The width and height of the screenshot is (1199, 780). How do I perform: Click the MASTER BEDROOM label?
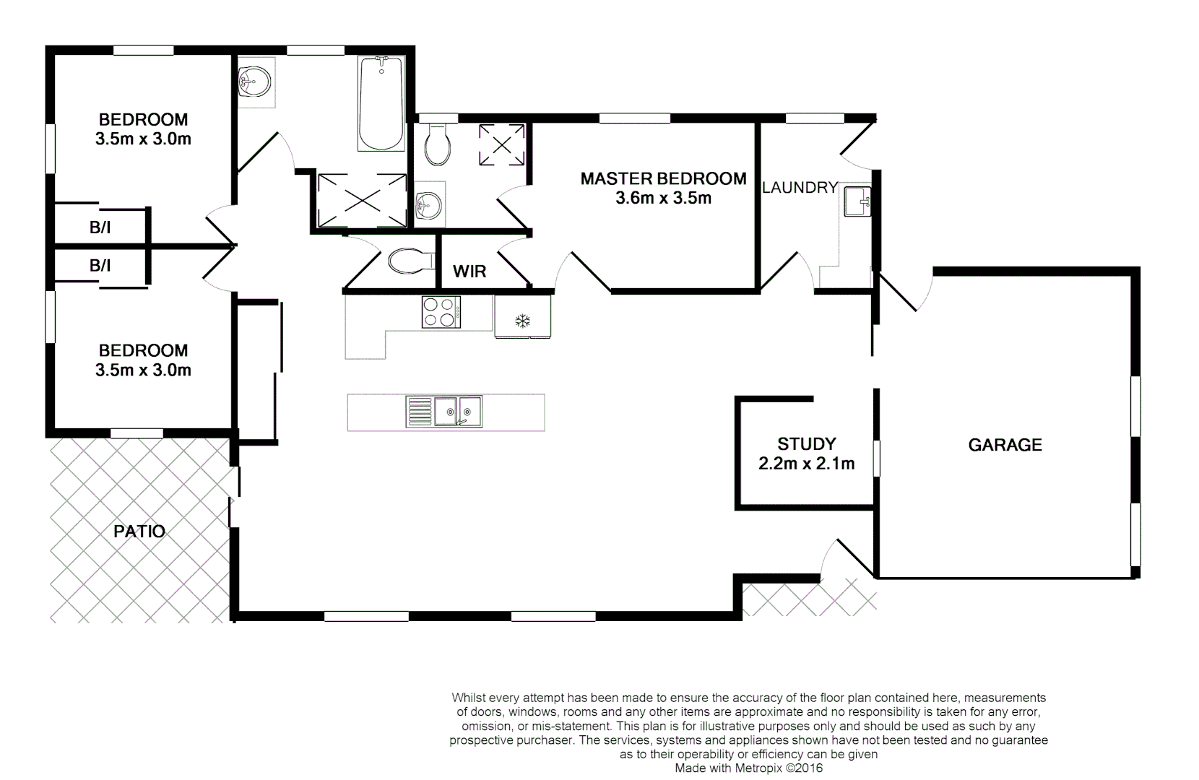pos(663,178)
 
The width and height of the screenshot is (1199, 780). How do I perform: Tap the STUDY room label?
pos(806,444)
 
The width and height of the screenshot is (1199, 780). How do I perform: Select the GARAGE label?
pos(1005,445)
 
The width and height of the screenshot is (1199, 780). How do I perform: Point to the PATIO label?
pos(139,532)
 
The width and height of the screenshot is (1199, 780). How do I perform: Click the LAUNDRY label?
pos(800,188)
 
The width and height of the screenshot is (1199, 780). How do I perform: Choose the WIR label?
pos(469,272)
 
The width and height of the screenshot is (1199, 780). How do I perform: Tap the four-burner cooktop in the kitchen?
pos(441,313)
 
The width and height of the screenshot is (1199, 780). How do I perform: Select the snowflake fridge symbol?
pos(522,320)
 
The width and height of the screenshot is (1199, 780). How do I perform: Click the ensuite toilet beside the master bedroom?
pos(438,144)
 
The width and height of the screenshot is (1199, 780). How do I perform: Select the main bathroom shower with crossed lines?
pos(362,200)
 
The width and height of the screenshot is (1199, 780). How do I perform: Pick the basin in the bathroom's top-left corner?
pos(254,82)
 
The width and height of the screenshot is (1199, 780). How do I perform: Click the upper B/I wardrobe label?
pos(100,228)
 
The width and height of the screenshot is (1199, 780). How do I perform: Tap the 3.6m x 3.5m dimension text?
pos(663,199)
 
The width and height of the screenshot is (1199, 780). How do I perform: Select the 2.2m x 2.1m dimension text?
pos(806,464)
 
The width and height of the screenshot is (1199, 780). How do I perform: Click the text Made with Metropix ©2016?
pos(748,768)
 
